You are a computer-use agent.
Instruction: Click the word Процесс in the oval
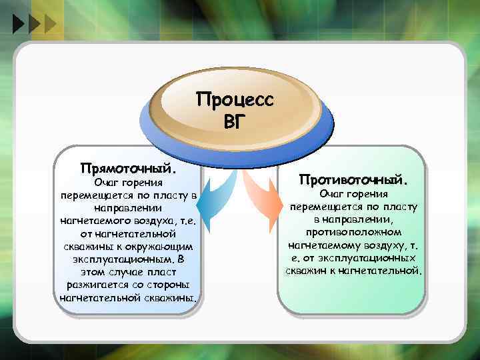tap(234, 101)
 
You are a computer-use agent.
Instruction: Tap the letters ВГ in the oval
tap(235, 122)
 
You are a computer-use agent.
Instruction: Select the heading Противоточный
tap(353, 179)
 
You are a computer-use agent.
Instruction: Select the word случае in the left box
tap(118, 271)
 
